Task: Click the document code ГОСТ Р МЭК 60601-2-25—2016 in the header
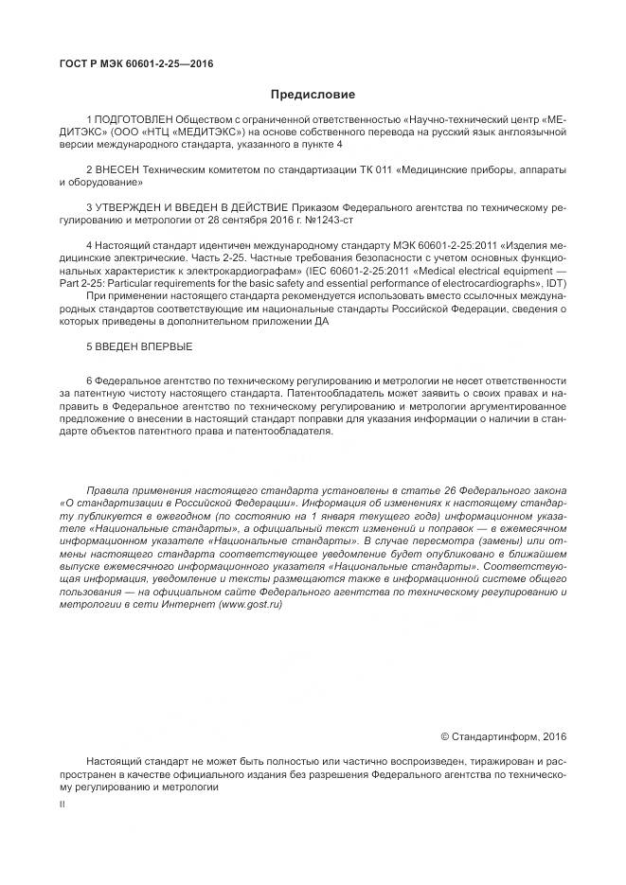click(134, 63)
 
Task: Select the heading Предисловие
click(313, 95)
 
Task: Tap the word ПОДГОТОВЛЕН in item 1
click(133, 120)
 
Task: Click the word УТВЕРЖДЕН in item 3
click(130, 205)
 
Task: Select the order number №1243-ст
click(337, 218)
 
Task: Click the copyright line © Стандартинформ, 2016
click(504, 735)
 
